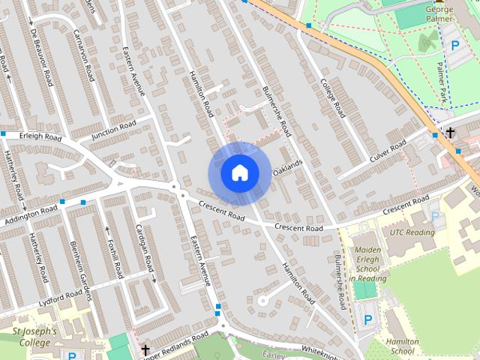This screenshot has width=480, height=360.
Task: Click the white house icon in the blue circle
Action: (x=239, y=173)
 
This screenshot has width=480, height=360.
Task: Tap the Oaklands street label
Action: (x=287, y=168)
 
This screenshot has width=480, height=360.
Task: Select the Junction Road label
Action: (x=114, y=130)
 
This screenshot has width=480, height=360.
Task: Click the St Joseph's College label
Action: (x=31, y=337)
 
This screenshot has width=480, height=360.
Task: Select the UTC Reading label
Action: (x=412, y=232)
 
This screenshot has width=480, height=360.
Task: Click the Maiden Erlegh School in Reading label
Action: (x=367, y=263)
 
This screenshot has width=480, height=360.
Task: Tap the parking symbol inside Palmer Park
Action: (x=454, y=44)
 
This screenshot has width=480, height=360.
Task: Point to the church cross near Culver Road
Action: (x=449, y=133)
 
